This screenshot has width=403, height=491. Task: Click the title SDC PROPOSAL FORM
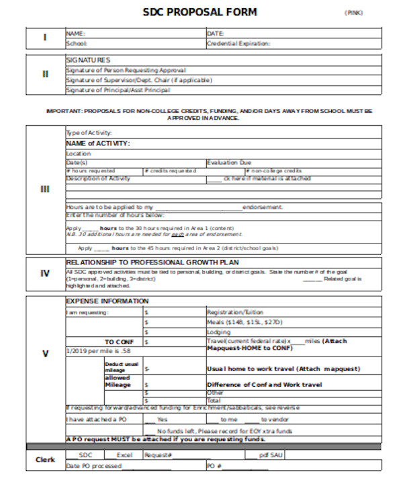point(199,12)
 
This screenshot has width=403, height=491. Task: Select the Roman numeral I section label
point(45,38)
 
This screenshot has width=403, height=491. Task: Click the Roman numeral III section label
point(45,190)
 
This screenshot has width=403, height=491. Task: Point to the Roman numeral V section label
point(45,354)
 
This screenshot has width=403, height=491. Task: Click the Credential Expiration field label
point(238,44)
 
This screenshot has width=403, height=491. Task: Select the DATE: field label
point(215,33)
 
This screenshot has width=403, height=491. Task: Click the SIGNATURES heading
point(88,61)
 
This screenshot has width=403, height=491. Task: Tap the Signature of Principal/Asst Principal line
point(118,90)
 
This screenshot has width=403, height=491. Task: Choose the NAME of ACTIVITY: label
point(97,143)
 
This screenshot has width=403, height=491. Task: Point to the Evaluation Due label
point(229,163)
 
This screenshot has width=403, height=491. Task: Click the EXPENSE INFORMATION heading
point(107,301)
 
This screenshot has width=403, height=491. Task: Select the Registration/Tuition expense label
point(235,312)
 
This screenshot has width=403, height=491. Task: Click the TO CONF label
point(119,342)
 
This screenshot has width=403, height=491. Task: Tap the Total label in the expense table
point(214,400)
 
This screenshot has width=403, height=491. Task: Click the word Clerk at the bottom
point(45,460)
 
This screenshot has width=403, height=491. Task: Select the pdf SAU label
point(272,455)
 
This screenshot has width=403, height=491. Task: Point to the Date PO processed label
point(94,465)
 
